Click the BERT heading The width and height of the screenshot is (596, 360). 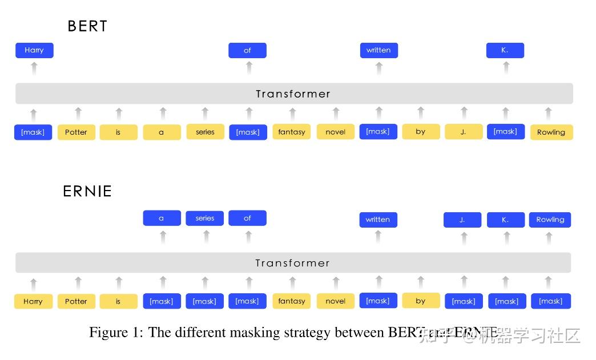(x=87, y=26)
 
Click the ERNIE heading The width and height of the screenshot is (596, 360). (x=87, y=191)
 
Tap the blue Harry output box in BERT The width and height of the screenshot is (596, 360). (x=34, y=50)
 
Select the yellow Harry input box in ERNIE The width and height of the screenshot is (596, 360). (x=33, y=301)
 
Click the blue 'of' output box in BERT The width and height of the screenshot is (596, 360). (x=247, y=50)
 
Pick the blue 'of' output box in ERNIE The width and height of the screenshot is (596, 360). (x=247, y=218)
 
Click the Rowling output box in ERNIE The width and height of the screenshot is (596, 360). (x=550, y=220)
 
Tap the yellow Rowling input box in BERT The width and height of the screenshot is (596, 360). (x=551, y=132)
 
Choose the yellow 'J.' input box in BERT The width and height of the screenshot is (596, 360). (x=463, y=132)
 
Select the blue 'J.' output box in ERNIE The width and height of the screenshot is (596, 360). (x=462, y=220)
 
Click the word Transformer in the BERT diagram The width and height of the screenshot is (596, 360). (x=293, y=94)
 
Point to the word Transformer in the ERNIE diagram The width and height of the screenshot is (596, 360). (x=292, y=263)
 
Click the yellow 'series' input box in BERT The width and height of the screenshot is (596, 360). (x=205, y=132)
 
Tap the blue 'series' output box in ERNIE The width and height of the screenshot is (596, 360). (x=204, y=218)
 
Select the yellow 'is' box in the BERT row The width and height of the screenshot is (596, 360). (x=118, y=132)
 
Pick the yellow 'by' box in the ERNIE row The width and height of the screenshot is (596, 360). (x=421, y=301)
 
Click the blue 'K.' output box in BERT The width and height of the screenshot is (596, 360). (x=505, y=50)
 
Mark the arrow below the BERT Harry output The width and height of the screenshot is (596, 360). (x=34, y=68)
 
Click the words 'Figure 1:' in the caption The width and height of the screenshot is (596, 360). (x=116, y=333)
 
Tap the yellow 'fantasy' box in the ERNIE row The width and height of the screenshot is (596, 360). (x=292, y=301)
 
